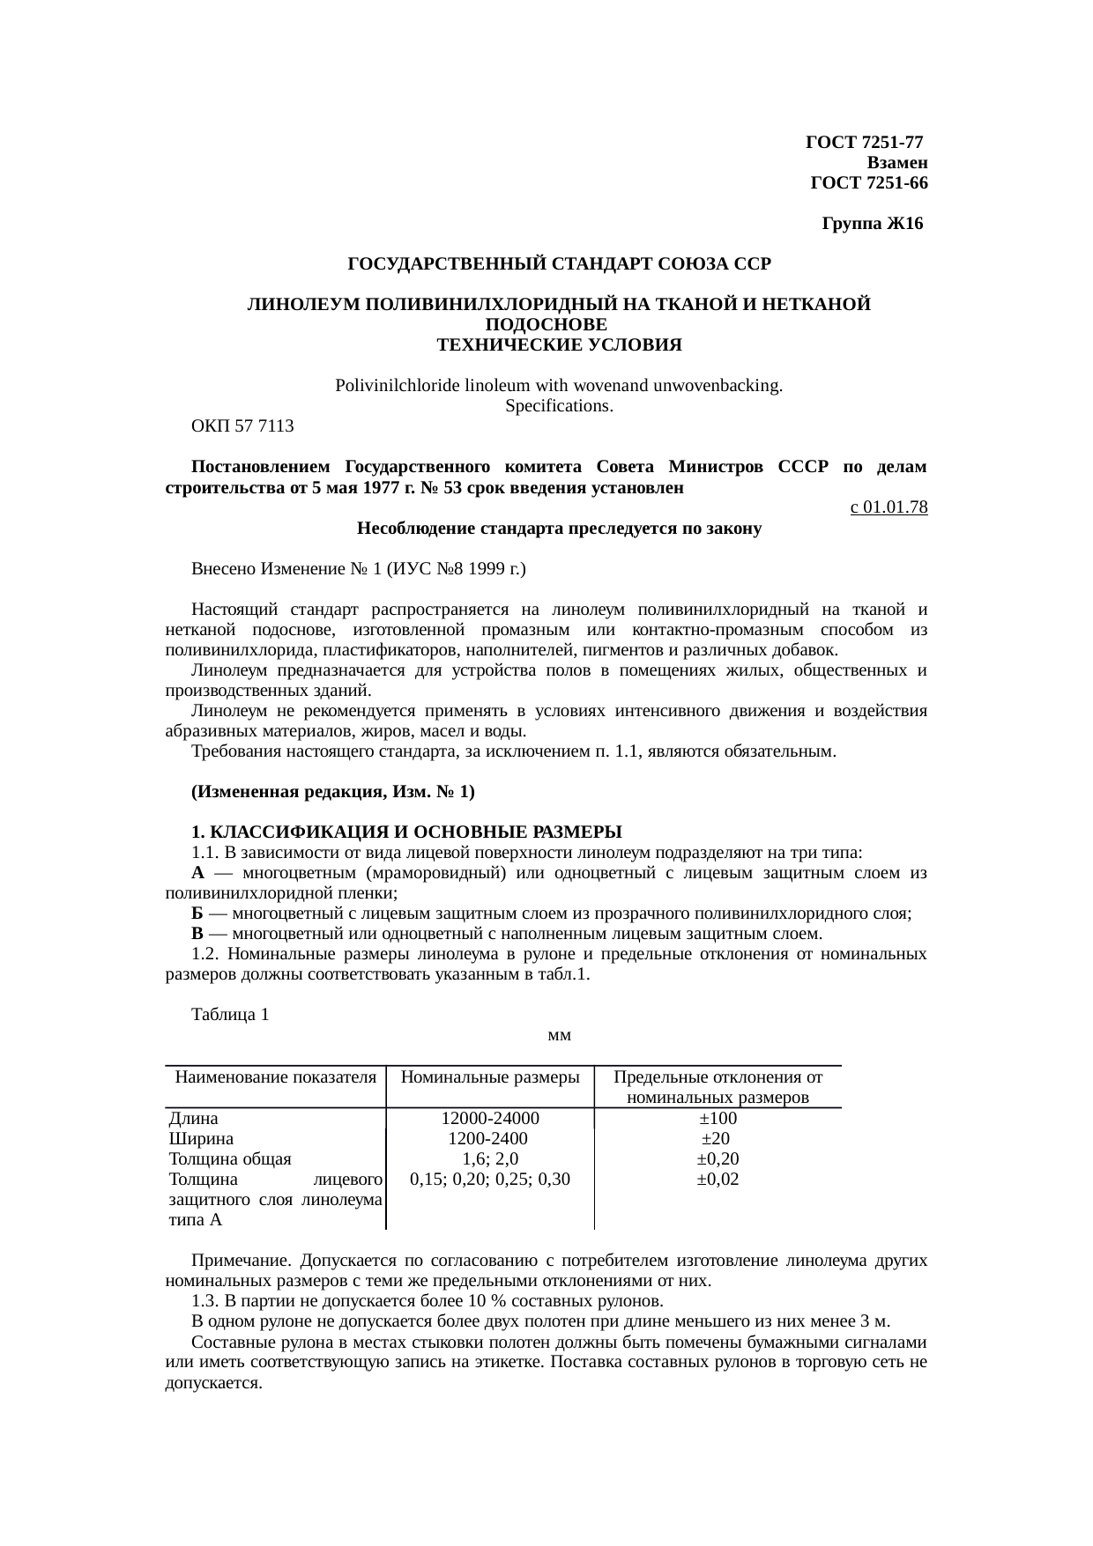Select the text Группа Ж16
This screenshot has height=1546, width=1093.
(x=872, y=224)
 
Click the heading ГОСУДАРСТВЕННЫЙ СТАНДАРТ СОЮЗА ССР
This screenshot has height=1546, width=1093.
(x=559, y=263)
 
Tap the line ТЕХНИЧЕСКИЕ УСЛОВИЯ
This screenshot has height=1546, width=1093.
(x=559, y=344)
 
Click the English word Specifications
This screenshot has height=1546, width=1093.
(x=559, y=406)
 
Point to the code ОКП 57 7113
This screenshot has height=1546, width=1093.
(x=242, y=426)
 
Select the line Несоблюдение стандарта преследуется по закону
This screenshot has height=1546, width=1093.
(x=559, y=529)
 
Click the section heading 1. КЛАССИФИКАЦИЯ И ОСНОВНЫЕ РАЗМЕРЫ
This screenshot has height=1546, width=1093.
(x=406, y=832)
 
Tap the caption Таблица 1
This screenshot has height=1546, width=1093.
(x=230, y=1015)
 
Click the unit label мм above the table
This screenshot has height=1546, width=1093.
(x=560, y=1035)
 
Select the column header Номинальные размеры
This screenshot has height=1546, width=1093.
(x=490, y=1077)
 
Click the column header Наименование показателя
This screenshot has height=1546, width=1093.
(x=275, y=1077)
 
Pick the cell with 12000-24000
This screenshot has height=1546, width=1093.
(x=490, y=1119)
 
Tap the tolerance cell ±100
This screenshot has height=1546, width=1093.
(x=718, y=1119)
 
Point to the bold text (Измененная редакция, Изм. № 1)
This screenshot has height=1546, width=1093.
(x=332, y=792)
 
